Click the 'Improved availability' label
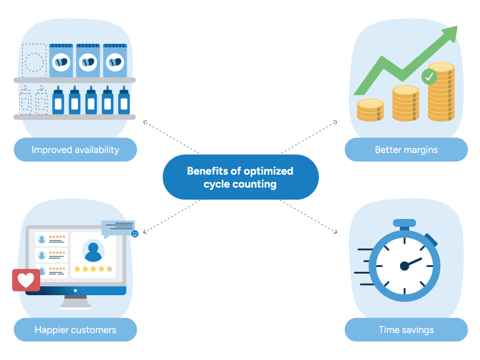(75, 149)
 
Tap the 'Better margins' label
(406, 149)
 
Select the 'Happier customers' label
(75, 329)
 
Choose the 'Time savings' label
(406, 329)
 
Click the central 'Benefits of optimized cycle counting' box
(240, 178)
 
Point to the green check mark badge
(429, 76)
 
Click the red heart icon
(26, 280)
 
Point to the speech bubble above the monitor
(118, 227)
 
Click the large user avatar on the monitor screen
(93, 250)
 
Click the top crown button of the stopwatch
(404, 223)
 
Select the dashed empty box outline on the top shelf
(34, 60)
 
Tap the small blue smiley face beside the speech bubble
(134, 233)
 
